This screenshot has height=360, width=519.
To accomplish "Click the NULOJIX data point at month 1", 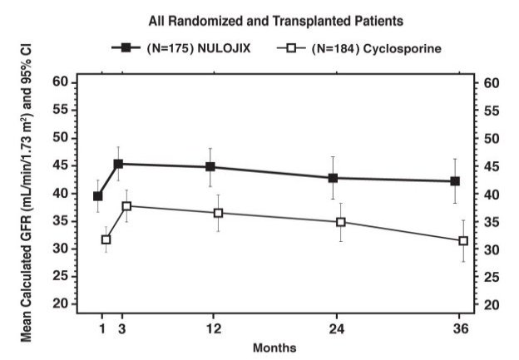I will [x=98, y=196].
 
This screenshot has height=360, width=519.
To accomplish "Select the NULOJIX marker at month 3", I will [x=118, y=164].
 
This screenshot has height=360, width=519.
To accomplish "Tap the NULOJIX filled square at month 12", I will [x=210, y=166].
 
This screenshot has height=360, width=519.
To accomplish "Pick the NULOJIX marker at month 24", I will [x=333, y=178].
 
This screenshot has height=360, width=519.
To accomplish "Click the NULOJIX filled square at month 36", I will [x=455, y=181].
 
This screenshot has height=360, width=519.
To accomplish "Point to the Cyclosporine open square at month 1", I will [x=106, y=239].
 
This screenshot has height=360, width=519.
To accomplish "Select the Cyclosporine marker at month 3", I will [x=126, y=205].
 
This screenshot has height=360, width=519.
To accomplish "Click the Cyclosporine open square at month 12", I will [x=218, y=213].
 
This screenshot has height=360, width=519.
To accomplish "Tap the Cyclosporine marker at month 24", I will [x=341, y=222].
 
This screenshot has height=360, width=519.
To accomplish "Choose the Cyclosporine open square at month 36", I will [x=463, y=241].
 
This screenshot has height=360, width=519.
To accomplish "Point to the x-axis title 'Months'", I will [x=274, y=347].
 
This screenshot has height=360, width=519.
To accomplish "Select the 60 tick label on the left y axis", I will [x=59, y=82].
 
